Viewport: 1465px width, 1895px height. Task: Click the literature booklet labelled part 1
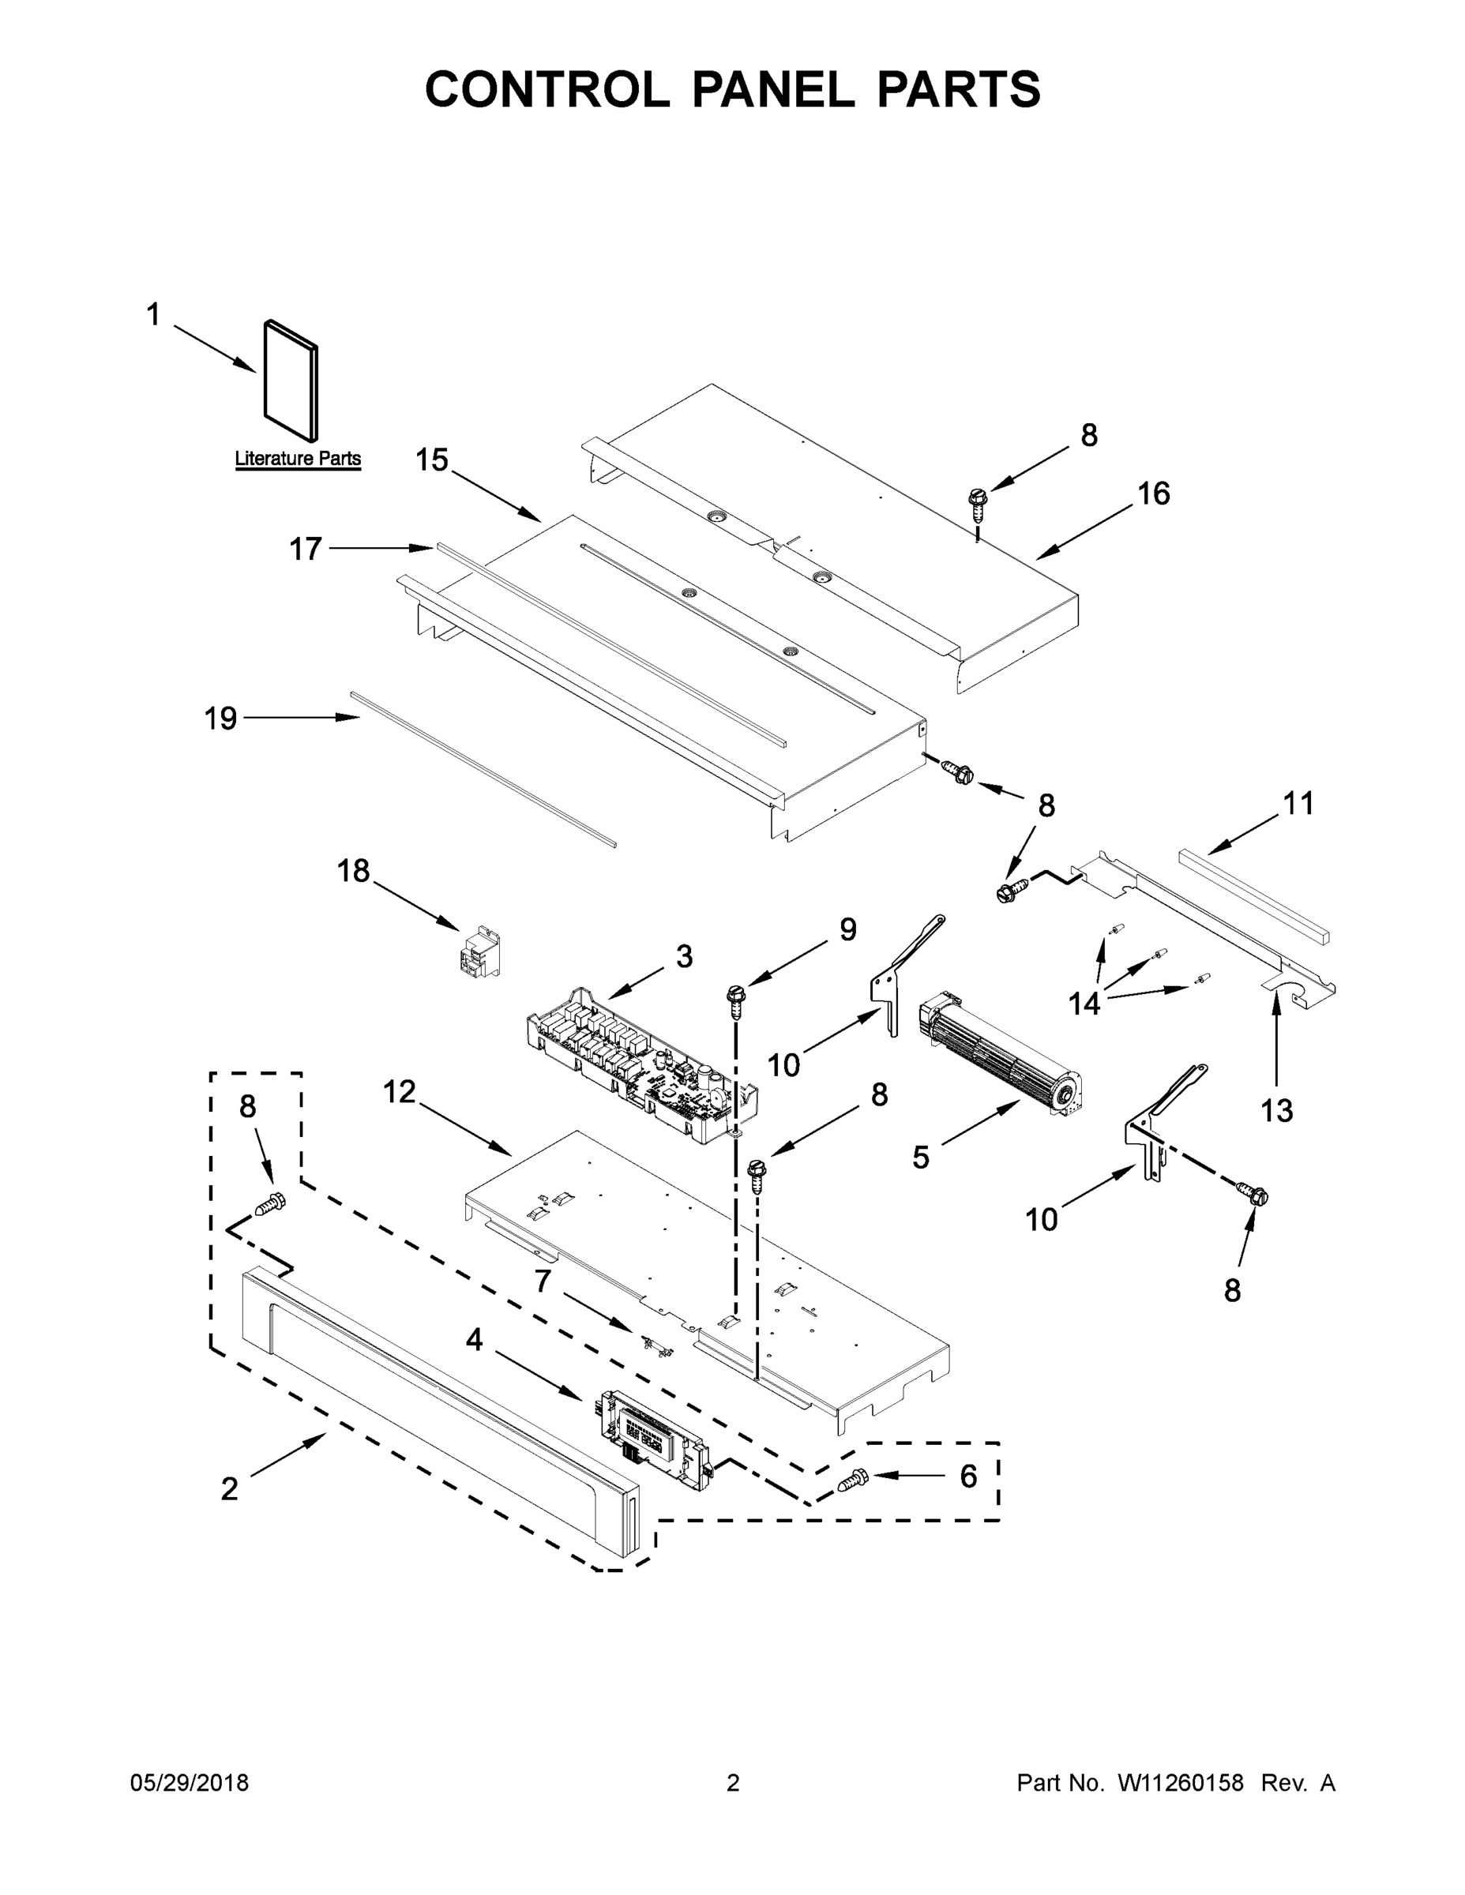click(x=291, y=380)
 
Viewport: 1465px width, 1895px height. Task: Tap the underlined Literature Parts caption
click(x=298, y=459)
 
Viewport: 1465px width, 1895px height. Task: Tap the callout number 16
click(x=1153, y=493)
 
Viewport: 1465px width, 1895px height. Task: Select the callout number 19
click(x=220, y=719)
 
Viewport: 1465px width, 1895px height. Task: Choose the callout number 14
click(x=1084, y=1003)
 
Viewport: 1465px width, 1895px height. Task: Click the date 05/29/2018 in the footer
click(x=190, y=1784)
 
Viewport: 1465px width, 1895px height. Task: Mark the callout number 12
click(x=400, y=1093)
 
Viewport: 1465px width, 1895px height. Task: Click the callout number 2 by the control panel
click(x=229, y=1489)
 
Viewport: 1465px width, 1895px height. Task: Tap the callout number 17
click(x=306, y=550)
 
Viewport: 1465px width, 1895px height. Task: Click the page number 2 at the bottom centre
click(x=733, y=1784)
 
